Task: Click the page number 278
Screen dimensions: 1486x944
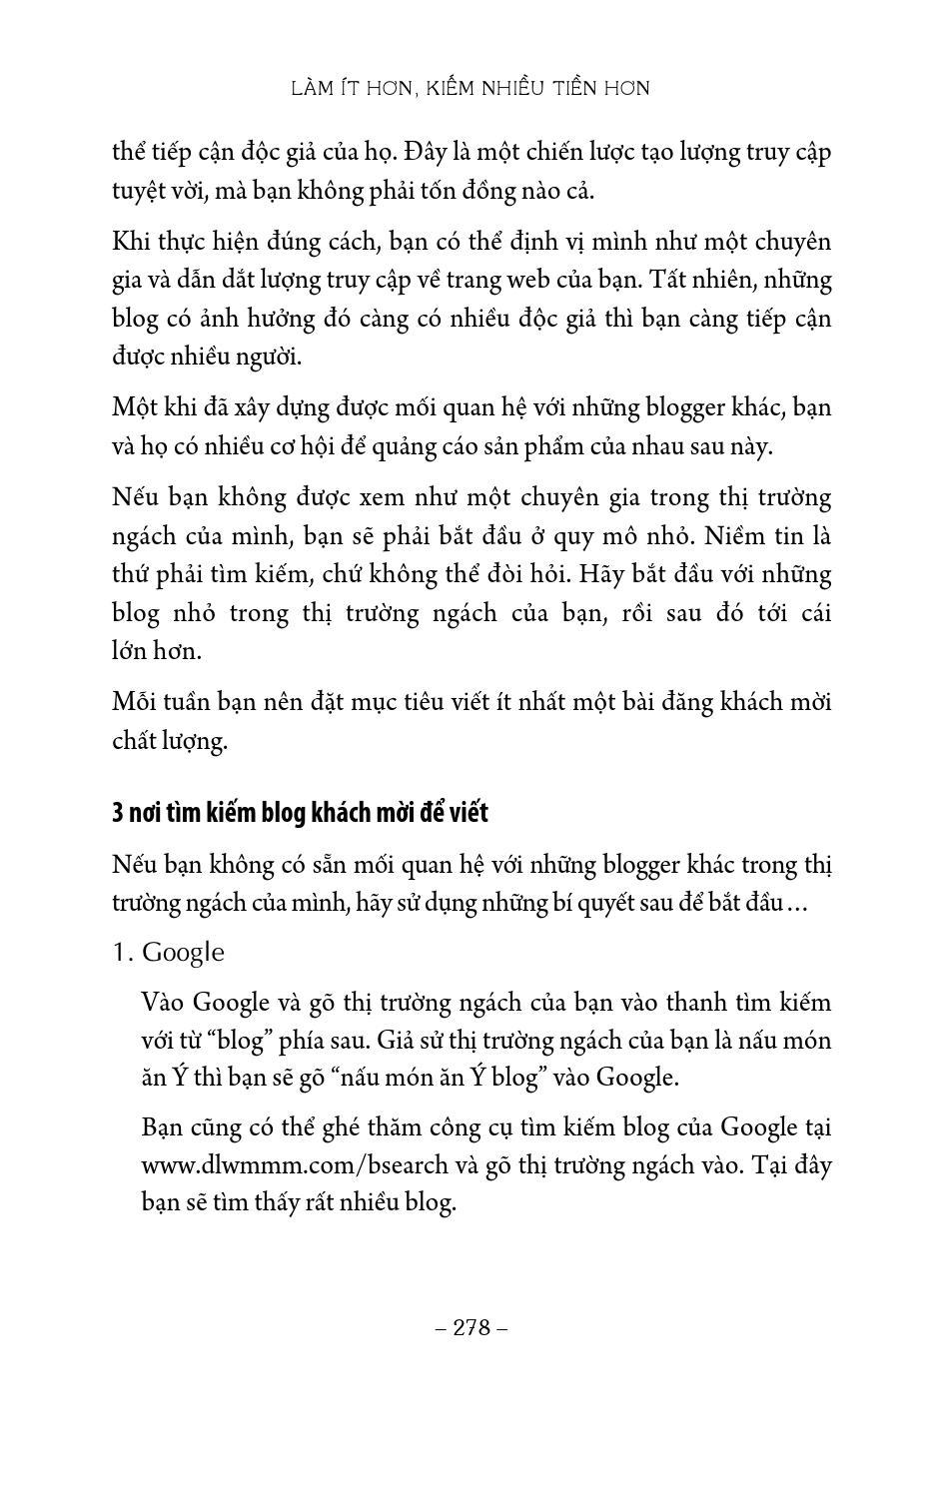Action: (472, 1327)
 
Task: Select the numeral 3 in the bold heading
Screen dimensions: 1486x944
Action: (118, 813)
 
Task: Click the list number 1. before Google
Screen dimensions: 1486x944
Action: (123, 952)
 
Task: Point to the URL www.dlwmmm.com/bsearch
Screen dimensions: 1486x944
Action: (278, 1164)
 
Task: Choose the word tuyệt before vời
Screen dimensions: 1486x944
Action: (143, 192)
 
